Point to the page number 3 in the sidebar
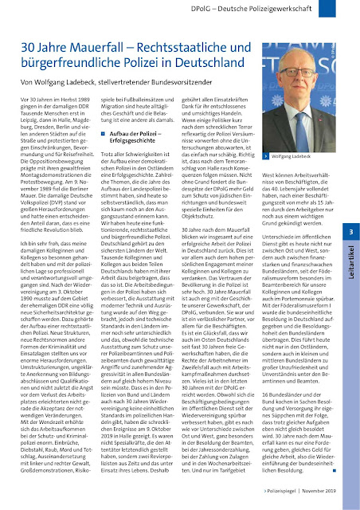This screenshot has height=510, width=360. coord(350,232)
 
